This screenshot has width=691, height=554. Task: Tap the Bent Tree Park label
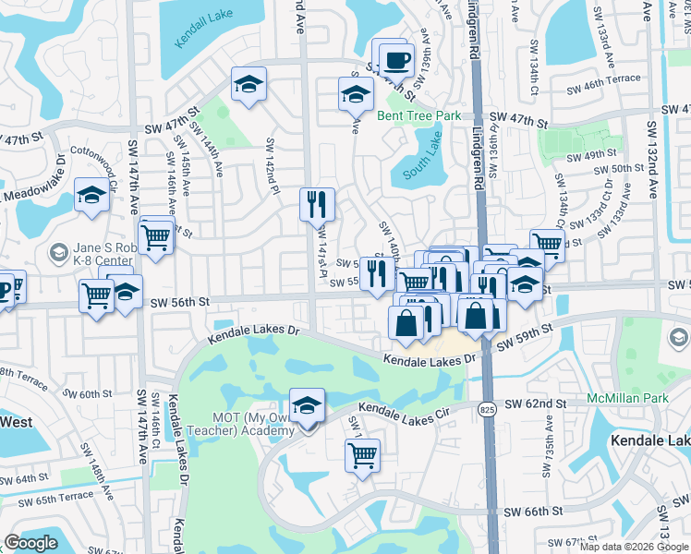[418, 116]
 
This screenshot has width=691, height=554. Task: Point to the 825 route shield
[487, 407]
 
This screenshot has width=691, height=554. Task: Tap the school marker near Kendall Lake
[249, 86]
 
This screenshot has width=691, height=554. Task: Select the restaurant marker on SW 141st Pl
[317, 203]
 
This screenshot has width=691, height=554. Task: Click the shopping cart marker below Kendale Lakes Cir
[362, 453]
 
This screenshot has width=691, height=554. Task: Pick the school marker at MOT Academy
[307, 404]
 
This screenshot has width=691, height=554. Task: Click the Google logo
[31, 544]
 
